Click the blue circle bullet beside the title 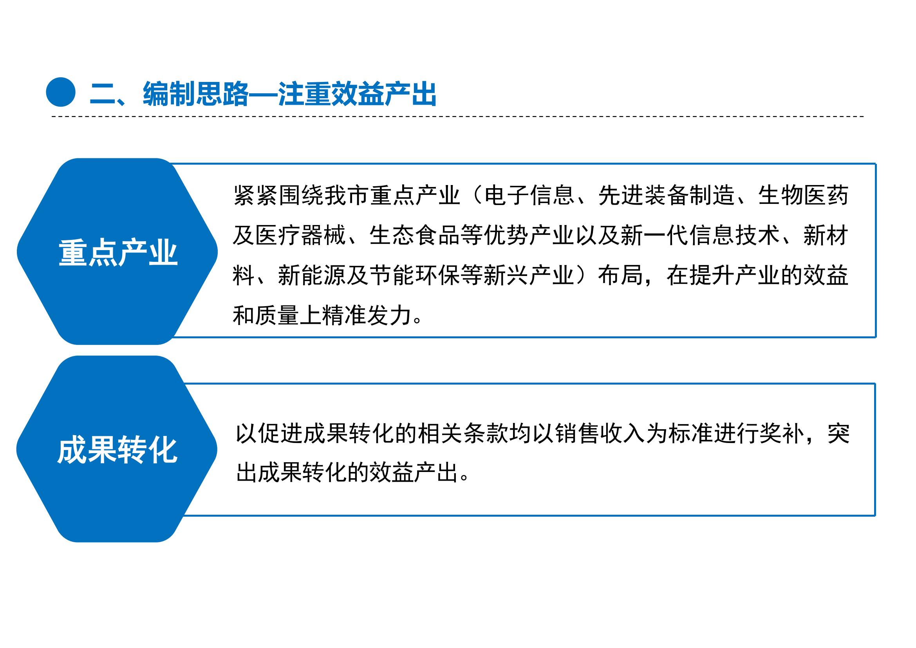(61, 92)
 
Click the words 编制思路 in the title (196, 94)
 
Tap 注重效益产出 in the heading (358, 94)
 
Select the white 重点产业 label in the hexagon (118, 253)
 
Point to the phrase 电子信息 (529, 196)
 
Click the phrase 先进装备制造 (666, 196)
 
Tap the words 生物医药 (803, 196)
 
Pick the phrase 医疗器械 (301, 236)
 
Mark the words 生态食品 (415, 236)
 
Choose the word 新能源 (313, 276)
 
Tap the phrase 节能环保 (415, 276)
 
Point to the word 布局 (620, 276)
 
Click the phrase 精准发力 (369, 316)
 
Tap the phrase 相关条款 (463, 434)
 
